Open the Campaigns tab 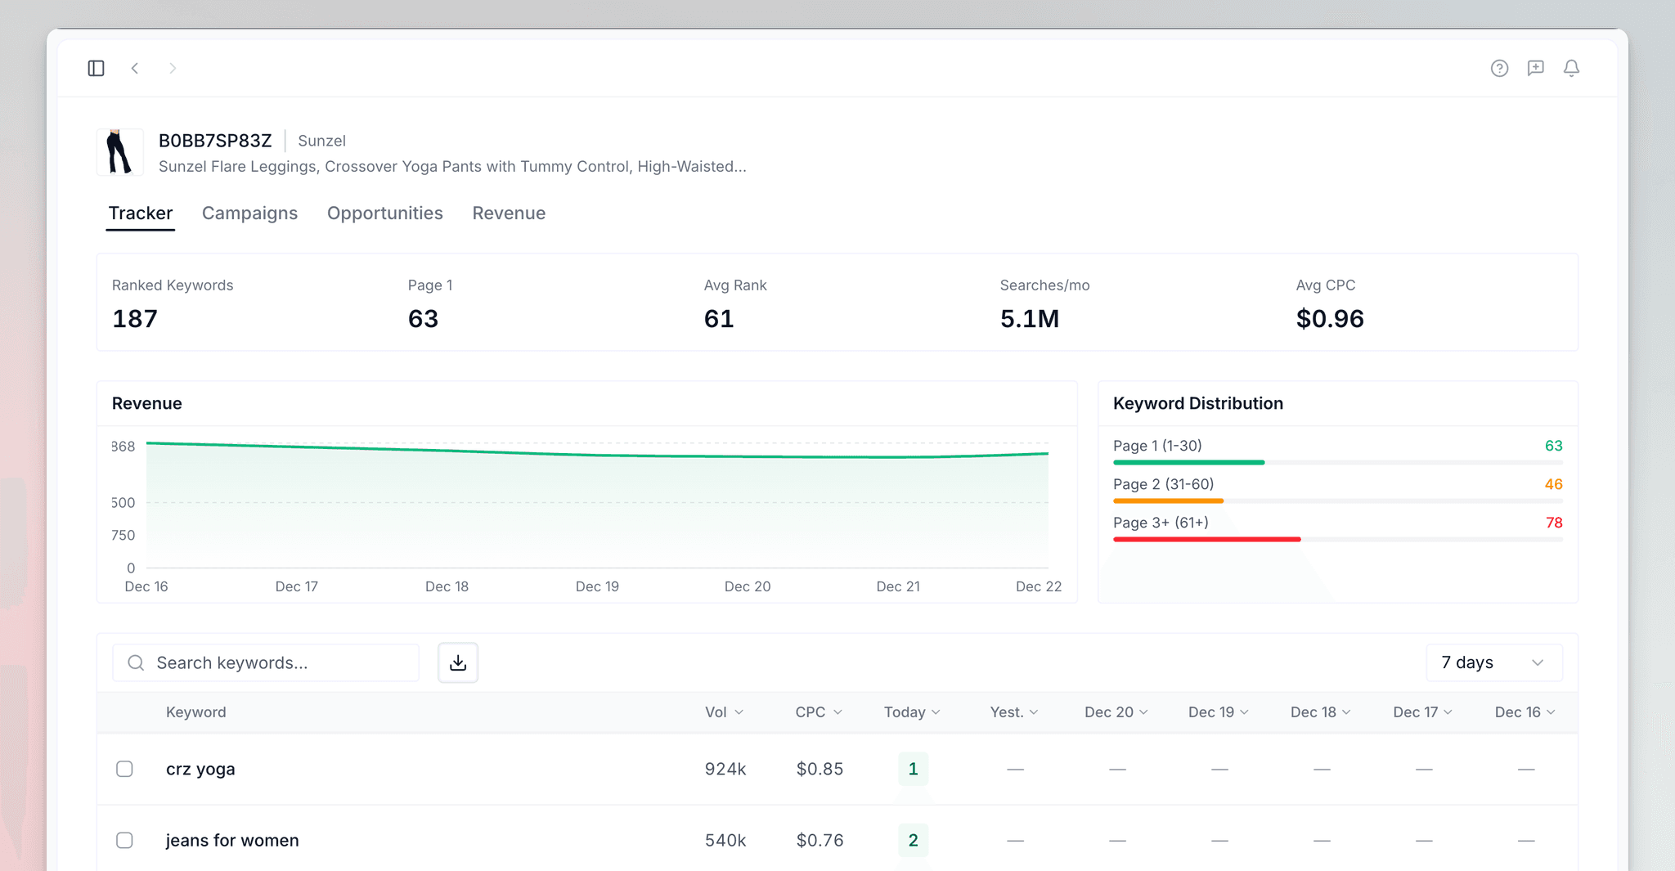click(249, 213)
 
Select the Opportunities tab click(384, 213)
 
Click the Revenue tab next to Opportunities click(509, 213)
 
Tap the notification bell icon click(1571, 68)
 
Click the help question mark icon click(1499, 68)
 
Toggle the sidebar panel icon click(96, 68)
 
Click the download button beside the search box click(458, 662)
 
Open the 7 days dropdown click(1493, 662)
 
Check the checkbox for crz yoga click(124, 769)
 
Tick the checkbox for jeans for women click(124, 840)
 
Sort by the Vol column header click(724, 712)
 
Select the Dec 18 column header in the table click(1319, 712)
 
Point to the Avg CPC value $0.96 click(1330, 319)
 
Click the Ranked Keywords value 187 click(135, 319)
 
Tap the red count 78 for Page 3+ click(1554, 523)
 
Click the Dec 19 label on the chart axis click(597, 586)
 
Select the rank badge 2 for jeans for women click(913, 840)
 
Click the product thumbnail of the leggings click(119, 152)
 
